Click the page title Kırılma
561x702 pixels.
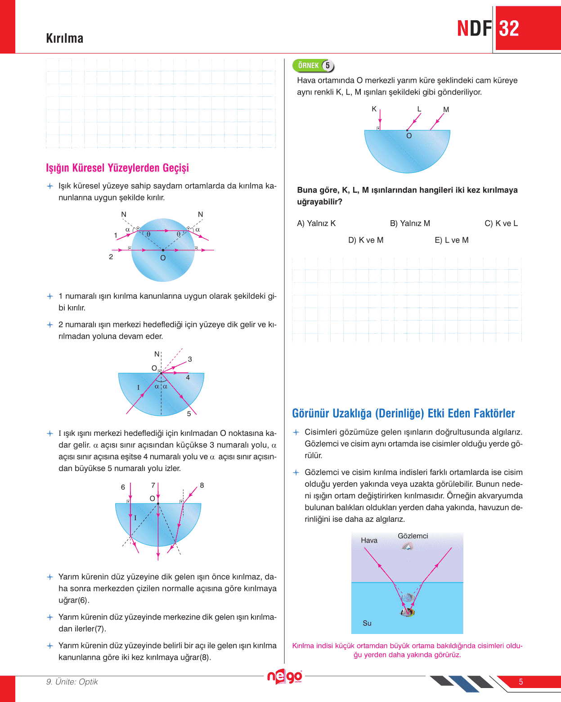coord(64,38)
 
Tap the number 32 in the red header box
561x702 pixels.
coord(509,29)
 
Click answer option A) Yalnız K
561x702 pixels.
coord(316,223)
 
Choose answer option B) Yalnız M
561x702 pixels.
coord(410,223)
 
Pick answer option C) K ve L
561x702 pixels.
coord(501,223)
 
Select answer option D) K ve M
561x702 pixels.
coord(366,240)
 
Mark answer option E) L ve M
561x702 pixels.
coord(452,240)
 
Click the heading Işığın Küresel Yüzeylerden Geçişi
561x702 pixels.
coord(117,168)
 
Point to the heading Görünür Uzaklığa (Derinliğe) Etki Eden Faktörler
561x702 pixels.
coord(404,413)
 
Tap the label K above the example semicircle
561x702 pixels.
coord(374,109)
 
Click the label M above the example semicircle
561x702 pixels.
coord(446,109)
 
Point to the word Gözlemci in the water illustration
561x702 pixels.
coord(413,536)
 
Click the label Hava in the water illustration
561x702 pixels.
coord(369,540)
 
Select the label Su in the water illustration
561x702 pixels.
coord(367,623)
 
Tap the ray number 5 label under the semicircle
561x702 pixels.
coord(189,413)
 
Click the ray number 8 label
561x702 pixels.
coord(202,485)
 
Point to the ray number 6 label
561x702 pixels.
coord(123,487)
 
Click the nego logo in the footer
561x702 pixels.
coord(284,676)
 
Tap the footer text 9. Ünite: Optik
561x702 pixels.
coord(72,682)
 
